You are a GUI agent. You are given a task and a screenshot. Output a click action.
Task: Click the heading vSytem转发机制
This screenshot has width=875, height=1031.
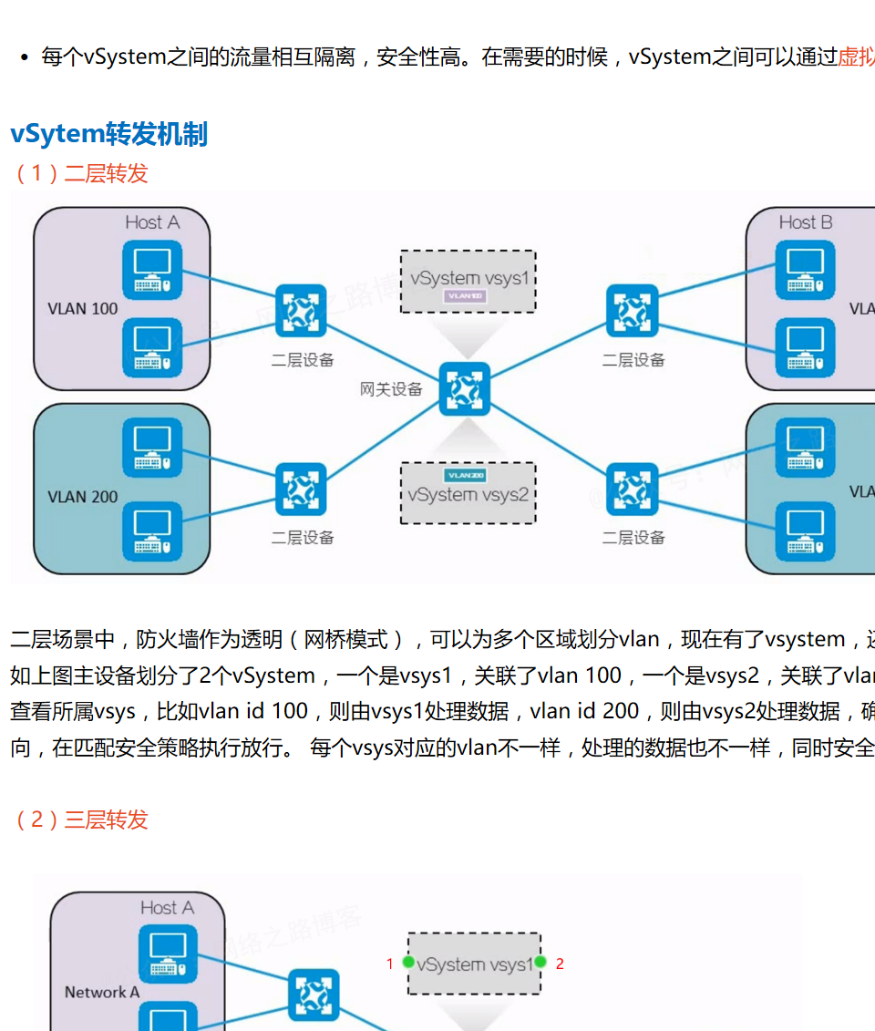tap(109, 134)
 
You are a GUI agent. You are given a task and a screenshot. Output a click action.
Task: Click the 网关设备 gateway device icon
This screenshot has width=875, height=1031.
tap(465, 388)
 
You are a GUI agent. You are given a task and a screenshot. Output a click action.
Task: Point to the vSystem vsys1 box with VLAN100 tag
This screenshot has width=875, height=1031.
tap(468, 281)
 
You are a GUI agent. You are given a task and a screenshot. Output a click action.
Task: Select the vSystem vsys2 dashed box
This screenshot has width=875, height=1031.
tap(468, 493)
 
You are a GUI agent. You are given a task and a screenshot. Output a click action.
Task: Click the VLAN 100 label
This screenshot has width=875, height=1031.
tap(83, 308)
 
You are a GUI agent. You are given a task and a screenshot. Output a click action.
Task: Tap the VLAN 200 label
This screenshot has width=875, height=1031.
tap(83, 497)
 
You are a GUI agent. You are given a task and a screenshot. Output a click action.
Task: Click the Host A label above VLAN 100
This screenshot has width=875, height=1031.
tap(152, 222)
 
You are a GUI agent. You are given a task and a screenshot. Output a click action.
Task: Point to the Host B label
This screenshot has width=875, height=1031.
tap(806, 222)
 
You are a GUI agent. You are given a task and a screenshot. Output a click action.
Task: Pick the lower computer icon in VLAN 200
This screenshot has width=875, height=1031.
tap(152, 531)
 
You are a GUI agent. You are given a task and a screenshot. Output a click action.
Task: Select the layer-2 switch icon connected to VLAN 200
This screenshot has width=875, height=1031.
tap(301, 490)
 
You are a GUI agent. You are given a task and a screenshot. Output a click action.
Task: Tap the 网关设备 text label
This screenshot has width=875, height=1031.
tap(391, 389)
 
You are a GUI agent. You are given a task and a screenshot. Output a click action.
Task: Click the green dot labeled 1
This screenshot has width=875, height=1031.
tap(408, 962)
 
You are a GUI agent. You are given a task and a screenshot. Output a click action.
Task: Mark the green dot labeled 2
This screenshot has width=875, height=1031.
tap(540, 962)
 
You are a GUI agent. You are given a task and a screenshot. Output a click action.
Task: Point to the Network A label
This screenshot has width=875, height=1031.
tap(101, 992)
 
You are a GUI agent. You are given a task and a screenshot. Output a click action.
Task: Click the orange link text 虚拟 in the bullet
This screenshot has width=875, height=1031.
tap(856, 57)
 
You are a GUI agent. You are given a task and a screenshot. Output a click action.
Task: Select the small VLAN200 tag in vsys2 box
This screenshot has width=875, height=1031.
tap(466, 476)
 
